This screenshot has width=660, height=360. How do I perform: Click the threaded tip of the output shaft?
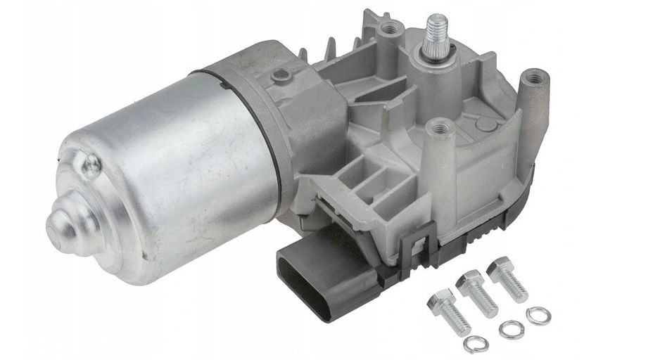(x=437, y=28)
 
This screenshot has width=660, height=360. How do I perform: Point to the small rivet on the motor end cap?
(x=91, y=165)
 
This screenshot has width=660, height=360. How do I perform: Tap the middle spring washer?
(x=511, y=329)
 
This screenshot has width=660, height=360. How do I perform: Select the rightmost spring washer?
(x=538, y=315)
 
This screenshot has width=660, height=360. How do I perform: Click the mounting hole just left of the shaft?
(x=390, y=28)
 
